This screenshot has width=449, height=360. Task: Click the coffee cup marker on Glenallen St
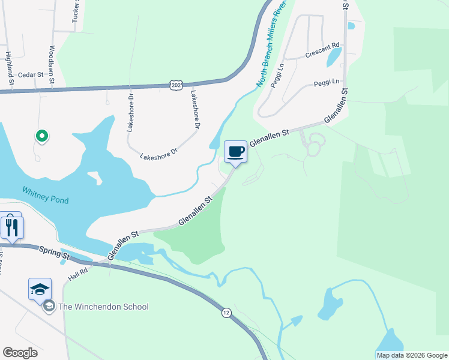point(235,151)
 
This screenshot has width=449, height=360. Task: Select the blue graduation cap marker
point(40,289)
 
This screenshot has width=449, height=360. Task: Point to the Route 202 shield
point(176,86)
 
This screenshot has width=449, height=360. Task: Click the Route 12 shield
point(226,313)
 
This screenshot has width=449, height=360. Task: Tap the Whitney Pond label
point(45,195)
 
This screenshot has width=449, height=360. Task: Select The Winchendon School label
point(103,307)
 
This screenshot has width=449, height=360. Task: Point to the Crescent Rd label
point(322,49)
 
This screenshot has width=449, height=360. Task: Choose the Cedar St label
point(31,74)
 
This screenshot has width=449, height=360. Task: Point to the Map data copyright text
point(412,355)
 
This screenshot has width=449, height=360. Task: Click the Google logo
point(20,353)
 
